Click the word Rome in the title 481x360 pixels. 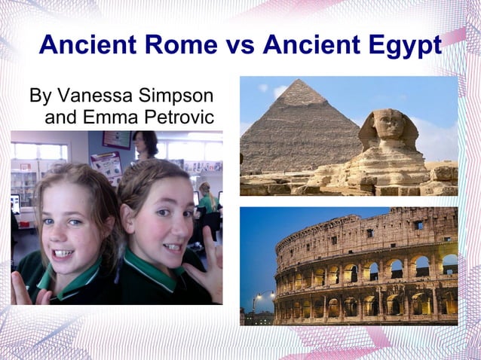(x=182, y=45)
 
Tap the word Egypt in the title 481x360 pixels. (x=405, y=46)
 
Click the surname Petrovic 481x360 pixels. (x=179, y=117)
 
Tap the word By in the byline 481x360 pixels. (x=40, y=97)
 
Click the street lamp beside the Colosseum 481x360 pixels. (x=257, y=297)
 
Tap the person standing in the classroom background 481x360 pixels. (x=145, y=145)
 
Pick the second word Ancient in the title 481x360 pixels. (x=309, y=45)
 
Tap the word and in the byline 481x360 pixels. (x=60, y=117)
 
